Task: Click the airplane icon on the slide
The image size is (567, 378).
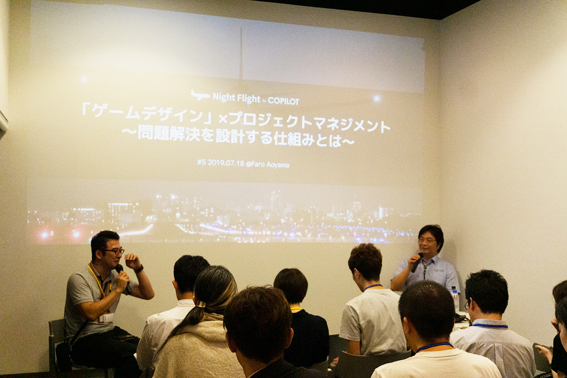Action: (x=200, y=95)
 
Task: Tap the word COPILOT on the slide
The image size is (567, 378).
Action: (x=283, y=101)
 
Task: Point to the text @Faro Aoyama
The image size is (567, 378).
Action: (x=270, y=164)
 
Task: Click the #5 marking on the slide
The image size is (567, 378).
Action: (x=201, y=163)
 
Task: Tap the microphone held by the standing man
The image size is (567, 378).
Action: (x=417, y=263)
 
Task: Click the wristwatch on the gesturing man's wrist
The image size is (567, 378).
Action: (x=138, y=269)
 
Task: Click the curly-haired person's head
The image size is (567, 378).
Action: (x=365, y=261)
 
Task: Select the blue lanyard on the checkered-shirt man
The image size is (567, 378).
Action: (x=490, y=326)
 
